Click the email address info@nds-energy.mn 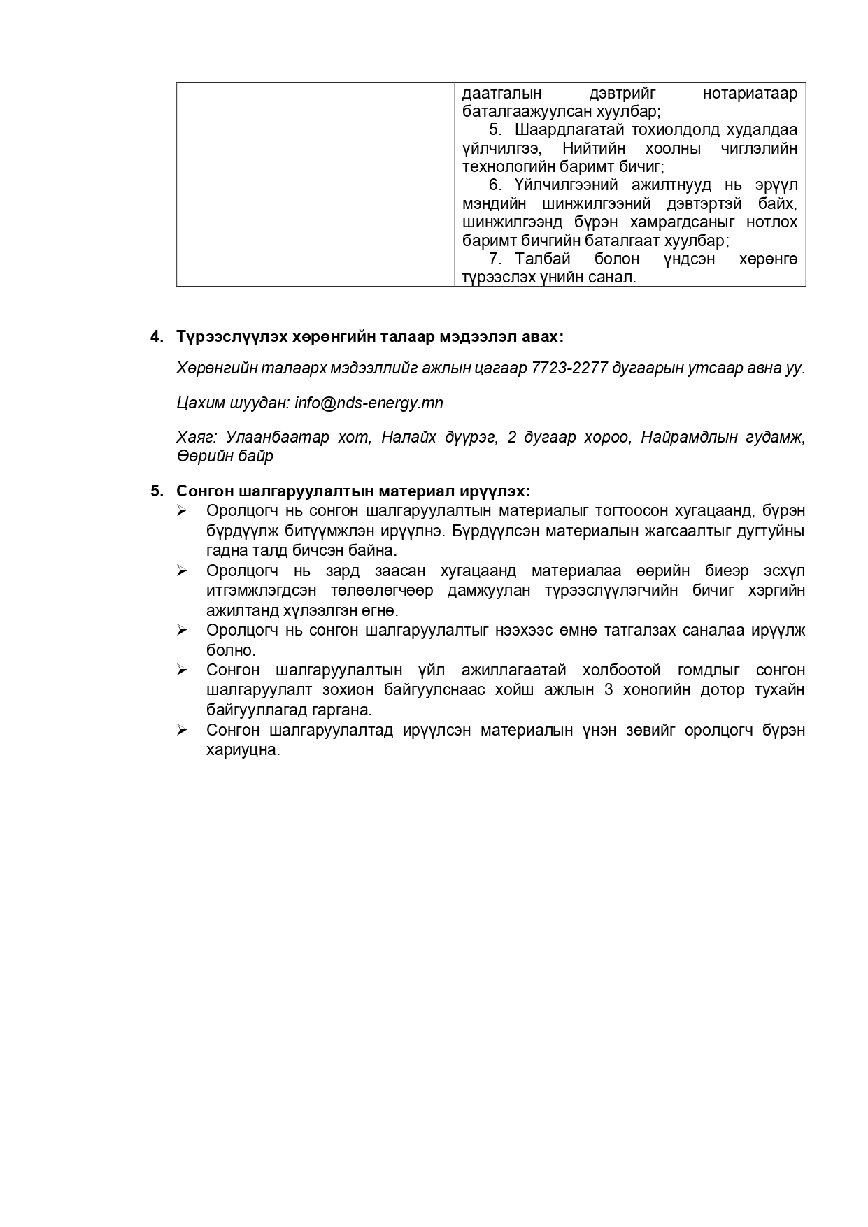[x=369, y=403]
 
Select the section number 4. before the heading [x=157, y=337]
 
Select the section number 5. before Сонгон [x=157, y=491]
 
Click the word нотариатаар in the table [x=749, y=94]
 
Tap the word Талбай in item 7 [x=543, y=259]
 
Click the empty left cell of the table [x=315, y=185]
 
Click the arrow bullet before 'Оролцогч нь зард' [x=183, y=571]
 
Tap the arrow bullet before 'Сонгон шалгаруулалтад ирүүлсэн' [x=183, y=731]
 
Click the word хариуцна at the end [x=243, y=751]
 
